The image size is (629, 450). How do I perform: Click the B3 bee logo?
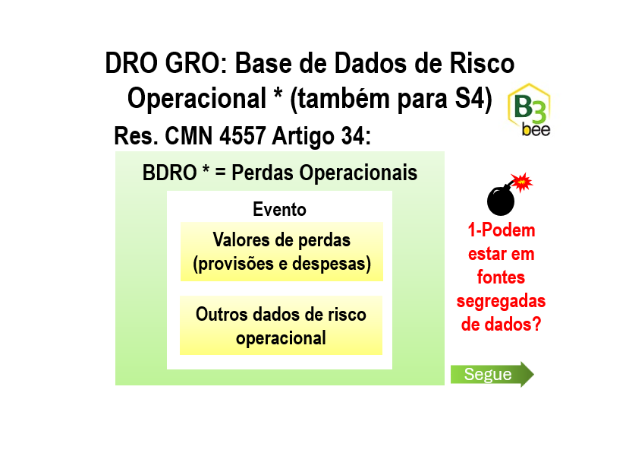click(529, 109)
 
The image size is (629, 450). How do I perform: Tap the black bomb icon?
click(501, 200)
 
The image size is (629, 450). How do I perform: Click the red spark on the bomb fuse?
click(522, 182)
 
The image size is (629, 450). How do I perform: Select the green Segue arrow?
click(492, 374)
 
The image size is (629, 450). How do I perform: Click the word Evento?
click(280, 209)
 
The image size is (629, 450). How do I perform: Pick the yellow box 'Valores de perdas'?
click(281, 252)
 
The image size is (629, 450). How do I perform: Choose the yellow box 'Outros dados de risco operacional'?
click(281, 325)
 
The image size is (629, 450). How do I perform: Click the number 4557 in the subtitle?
click(243, 136)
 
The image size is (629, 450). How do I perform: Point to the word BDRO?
click(169, 173)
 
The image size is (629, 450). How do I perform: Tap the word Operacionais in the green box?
click(358, 173)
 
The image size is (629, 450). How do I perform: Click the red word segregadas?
click(501, 301)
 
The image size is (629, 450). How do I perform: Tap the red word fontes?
click(501, 277)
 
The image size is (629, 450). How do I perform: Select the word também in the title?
click(340, 99)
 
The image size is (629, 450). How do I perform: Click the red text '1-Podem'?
click(502, 230)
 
